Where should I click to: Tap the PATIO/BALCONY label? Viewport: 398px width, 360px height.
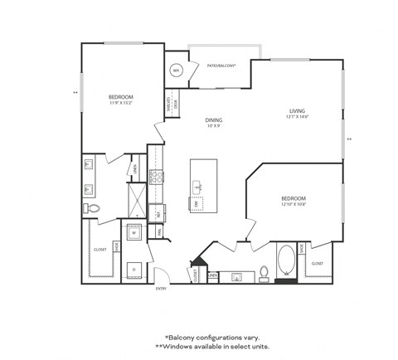point(221,64)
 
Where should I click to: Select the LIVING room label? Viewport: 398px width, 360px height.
point(298,110)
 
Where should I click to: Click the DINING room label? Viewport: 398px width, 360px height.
point(214,119)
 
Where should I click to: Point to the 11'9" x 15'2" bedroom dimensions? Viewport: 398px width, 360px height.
point(121,104)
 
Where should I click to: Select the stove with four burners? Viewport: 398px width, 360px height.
point(155,177)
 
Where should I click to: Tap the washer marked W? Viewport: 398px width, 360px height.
point(133,233)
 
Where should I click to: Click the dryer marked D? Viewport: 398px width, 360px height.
point(133,269)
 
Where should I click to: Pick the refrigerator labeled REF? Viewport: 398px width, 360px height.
point(158,214)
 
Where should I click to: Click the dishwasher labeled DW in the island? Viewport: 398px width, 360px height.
point(197,203)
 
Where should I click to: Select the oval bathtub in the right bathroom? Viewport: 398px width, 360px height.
point(285,260)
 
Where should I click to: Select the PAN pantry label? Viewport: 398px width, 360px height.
point(159,233)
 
